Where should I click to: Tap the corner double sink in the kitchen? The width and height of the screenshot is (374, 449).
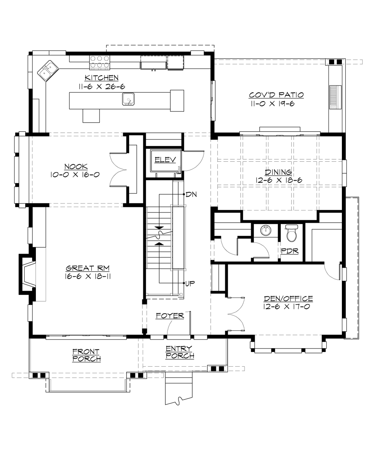point(48,70)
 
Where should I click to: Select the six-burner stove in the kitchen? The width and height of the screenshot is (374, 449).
point(100,61)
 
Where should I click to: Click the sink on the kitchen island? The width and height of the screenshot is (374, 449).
point(128,99)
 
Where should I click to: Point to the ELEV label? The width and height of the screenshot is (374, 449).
point(165,160)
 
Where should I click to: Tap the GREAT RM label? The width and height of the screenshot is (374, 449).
point(88,268)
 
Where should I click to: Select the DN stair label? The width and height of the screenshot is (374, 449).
point(191,195)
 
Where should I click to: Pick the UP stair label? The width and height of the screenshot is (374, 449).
point(190,283)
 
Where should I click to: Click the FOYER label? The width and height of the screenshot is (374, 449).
point(170,316)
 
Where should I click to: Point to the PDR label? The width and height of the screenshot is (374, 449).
point(290,251)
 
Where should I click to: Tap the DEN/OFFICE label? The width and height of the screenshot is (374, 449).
point(288,299)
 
